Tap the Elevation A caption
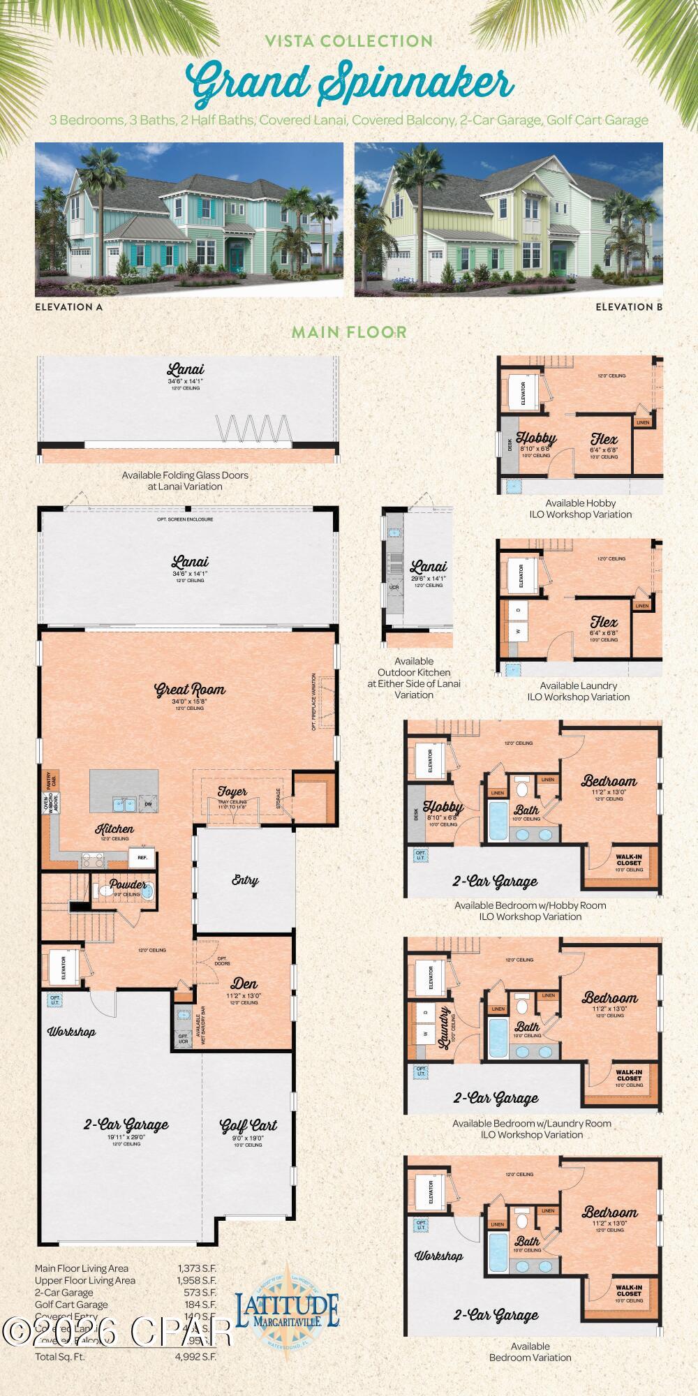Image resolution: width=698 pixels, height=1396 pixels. (68, 306)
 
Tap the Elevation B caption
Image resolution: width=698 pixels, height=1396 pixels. (628, 306)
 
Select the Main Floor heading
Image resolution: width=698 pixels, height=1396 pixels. (349, 332)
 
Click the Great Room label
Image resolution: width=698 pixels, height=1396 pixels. (190, 690)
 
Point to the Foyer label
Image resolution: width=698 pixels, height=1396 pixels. (232, 792)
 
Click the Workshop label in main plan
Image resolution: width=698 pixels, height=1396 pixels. (71, 1032)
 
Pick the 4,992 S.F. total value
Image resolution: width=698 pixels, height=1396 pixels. (197, 1356)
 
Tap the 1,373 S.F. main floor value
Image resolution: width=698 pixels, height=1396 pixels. (197, 1268)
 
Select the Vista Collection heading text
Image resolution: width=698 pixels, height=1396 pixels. (349, 42)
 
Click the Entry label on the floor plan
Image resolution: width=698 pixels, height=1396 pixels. (245, 881)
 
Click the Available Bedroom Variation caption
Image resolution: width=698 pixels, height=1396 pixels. (530, 1352)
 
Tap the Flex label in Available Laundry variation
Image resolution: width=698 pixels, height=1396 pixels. (604, 622)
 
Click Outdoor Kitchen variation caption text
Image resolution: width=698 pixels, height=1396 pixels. (414, 678)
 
